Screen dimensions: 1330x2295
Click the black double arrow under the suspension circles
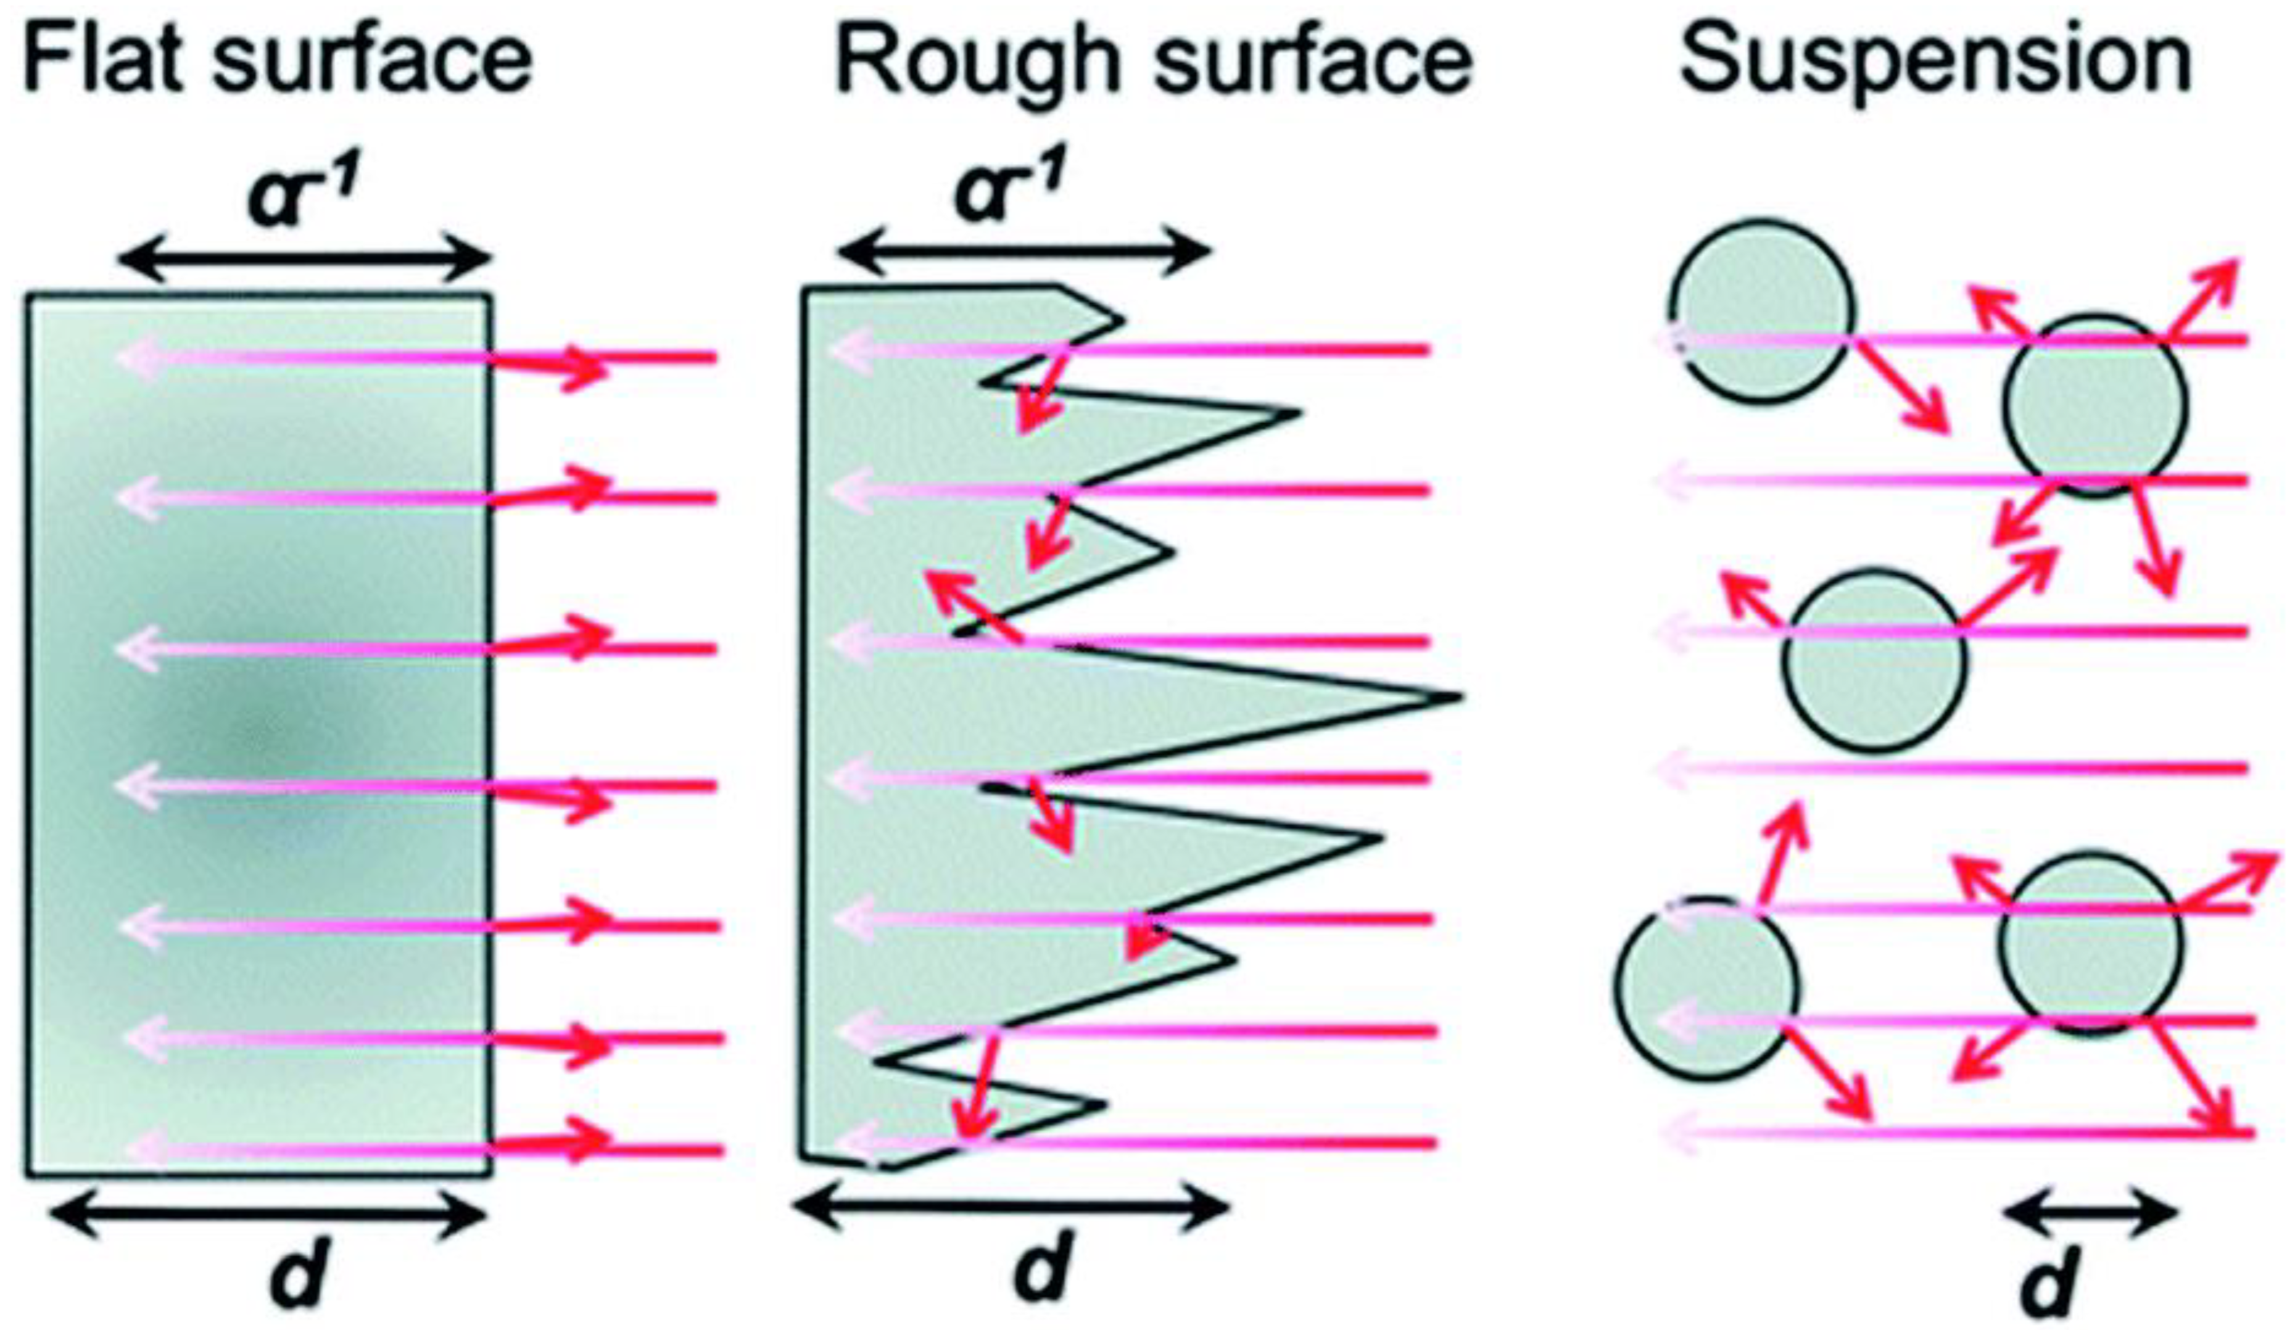(x=2091, y=1215)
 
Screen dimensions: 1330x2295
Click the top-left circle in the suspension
(x=1760, y=312)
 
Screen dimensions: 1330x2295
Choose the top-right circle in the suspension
(x=2094, y=406)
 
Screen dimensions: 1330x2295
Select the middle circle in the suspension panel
(x=1874, y=660)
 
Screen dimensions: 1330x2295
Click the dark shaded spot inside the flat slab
(x=255, y=729)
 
